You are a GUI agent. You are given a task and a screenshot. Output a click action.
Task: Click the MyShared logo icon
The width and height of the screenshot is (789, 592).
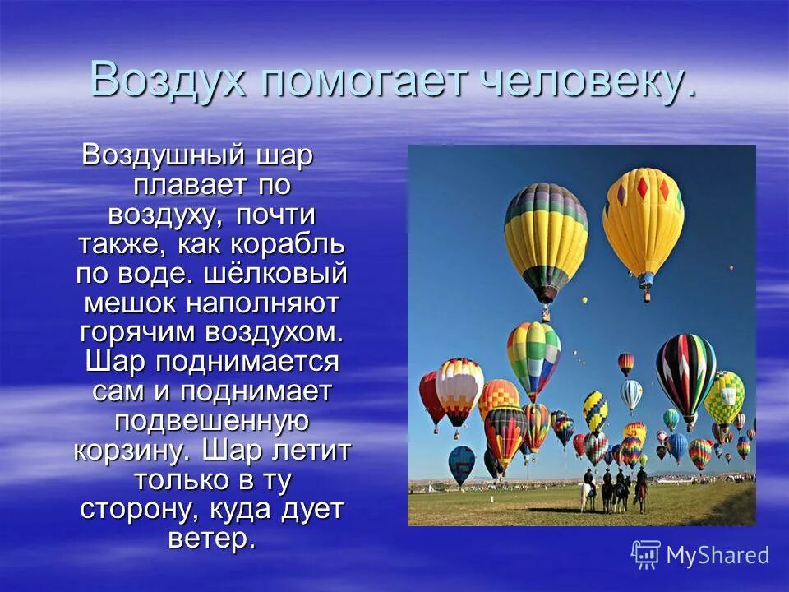click(645, 555)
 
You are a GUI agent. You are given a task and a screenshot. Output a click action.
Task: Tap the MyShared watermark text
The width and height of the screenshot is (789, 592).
click(717, 556)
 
